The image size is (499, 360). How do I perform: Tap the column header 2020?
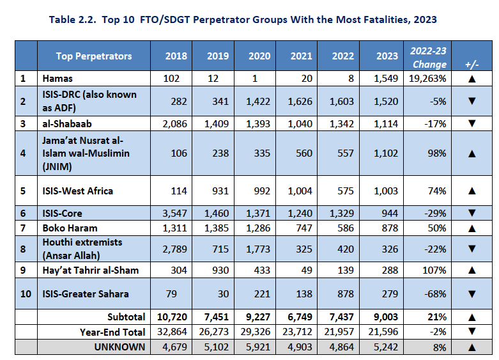(x=260, y=56)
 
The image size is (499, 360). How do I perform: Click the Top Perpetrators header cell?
(x=94, y=56)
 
